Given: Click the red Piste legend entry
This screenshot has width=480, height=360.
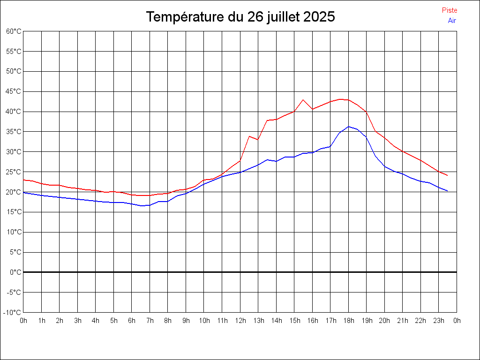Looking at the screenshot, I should point(449,10).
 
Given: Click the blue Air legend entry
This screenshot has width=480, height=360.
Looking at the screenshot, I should point(451,21).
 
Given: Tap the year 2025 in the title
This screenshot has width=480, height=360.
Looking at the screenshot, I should point(319,17).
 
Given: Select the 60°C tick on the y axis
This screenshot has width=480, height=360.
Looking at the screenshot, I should point(14,31).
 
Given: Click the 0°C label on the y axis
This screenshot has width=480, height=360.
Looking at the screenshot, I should point(15,272).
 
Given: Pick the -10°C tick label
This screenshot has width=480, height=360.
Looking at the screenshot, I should point(13,312).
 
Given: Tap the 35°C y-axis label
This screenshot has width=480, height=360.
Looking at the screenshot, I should point(14,132).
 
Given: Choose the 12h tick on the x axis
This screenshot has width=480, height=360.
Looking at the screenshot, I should point(240,321).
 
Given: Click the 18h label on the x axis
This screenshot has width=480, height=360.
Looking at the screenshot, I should point(348,321).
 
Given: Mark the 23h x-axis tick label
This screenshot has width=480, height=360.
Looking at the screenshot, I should point(439,321).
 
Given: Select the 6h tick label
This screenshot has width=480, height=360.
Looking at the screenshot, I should point(132,321).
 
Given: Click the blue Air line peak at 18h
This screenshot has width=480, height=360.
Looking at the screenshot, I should point(348,127).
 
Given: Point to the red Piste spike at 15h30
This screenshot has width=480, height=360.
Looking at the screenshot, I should point(303,100).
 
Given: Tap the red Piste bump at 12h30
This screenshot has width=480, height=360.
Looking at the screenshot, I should point(249,136).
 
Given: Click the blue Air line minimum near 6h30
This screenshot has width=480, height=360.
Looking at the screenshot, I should point(141,206).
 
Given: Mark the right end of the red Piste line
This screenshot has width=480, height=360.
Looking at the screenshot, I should point(448,175).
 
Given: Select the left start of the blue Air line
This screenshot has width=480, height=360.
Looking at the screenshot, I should point(24,193).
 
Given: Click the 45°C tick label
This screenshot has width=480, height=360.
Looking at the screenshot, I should point(14,91).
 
